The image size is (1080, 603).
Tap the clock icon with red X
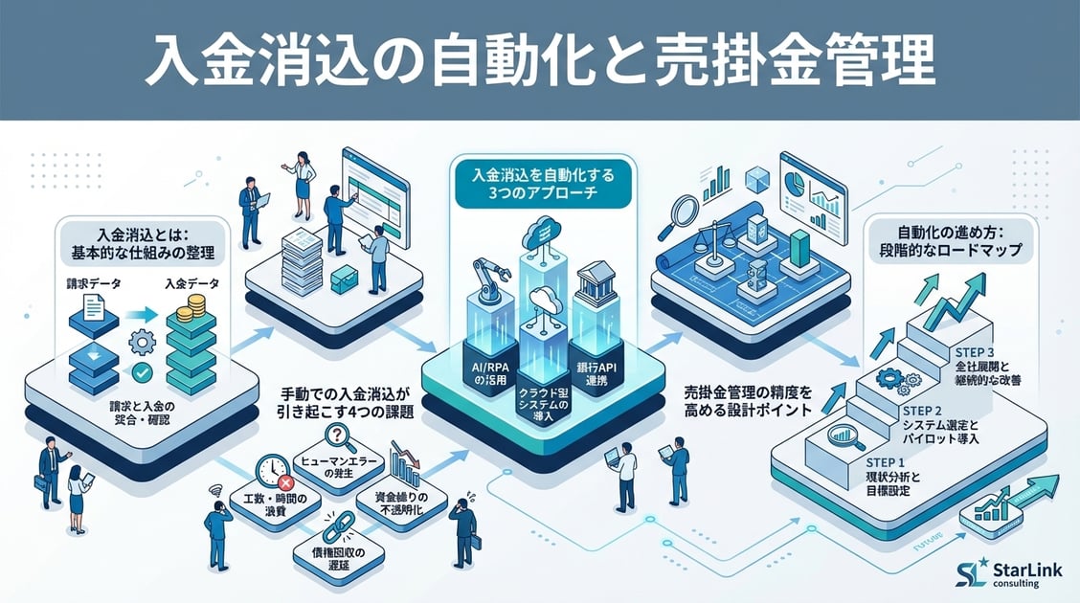pos(274,470)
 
